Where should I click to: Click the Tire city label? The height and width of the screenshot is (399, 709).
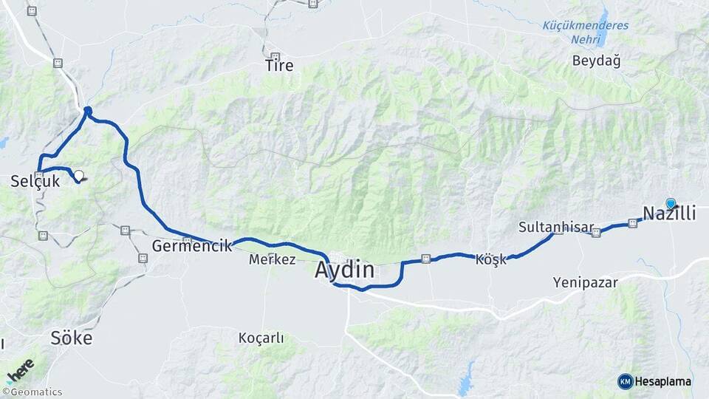pyautogui.click(x=279, y=66)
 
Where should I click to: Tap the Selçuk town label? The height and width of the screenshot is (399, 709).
pyautogui.click(x=35, y=180)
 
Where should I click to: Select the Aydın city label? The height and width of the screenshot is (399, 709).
pyautogui.click(x=344, y=270)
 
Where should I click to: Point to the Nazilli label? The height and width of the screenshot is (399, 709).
pyautogui.click(x=669, y=214)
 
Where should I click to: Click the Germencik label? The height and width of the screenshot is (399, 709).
pyautogui.click(x=192, y=246)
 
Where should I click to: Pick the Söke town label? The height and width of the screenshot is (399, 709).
pyautogui.click(x=72, y=338)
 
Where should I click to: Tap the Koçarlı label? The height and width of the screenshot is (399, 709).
pyautogui.click(x=261, y=338)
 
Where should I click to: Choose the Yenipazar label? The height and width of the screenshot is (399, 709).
pyautogui.click(x=585, y=282)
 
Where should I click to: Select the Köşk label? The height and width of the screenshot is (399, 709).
pyautogui.click(x=491, y=260)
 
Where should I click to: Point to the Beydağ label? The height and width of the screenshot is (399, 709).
pyautogui.click(x=596, y=61)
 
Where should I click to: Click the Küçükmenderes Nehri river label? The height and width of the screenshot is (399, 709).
pyautogui.click(x=586, y=32)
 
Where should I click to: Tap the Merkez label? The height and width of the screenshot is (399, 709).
pyautogui.click(x=272, y=260)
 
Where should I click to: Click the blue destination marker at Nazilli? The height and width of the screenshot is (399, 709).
pyautogui.click(x=671, y=203)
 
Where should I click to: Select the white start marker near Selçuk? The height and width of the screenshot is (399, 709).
pyautogui.click(x=78, y=176)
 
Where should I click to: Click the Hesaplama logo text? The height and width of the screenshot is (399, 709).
pyautogui.click(x=662, y=381)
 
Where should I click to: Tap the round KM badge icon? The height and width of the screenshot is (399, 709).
pyautogui.click(x=625, y=381)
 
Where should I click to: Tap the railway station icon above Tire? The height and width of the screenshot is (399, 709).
pyautogui.click(x=275, y=57)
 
